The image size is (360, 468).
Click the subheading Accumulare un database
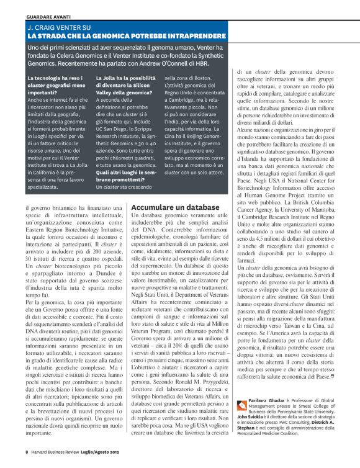coord(176,207)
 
